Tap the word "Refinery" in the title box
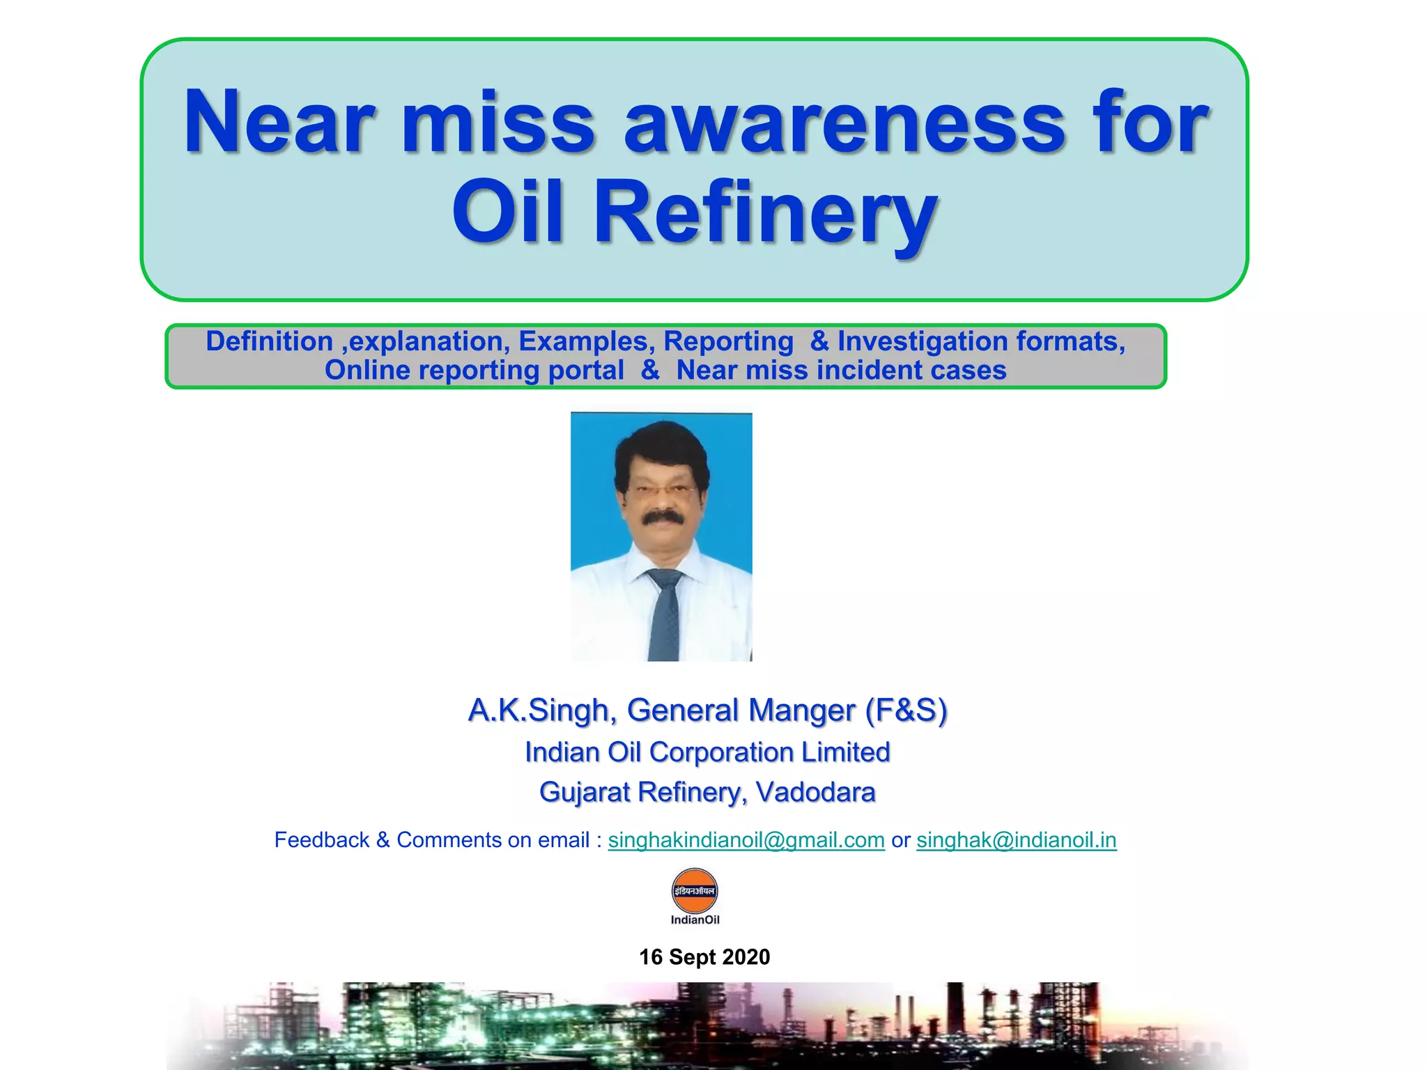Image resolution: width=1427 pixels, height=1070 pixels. pos(764,212)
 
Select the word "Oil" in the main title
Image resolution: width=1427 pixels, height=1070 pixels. pos(507,210)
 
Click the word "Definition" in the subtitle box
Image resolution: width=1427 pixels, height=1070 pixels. pos(269,341)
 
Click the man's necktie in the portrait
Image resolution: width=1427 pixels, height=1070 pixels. pos(664,613)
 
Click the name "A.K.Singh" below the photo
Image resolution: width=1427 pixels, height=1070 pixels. pos(542,711)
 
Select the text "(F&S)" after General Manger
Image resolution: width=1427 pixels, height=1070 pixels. pos(906,711)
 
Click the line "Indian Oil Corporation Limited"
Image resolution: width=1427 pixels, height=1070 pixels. pos(707,752)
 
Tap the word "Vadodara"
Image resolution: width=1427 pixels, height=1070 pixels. pos(815,792)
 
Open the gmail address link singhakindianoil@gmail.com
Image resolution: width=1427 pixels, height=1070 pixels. pos(746,840)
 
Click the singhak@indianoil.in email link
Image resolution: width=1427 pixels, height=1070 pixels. pos(1016,840)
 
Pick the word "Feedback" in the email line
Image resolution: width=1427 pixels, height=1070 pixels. pos(321,840)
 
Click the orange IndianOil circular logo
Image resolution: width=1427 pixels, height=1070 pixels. pos(695,891)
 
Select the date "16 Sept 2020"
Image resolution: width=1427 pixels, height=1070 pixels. pos(704,957)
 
